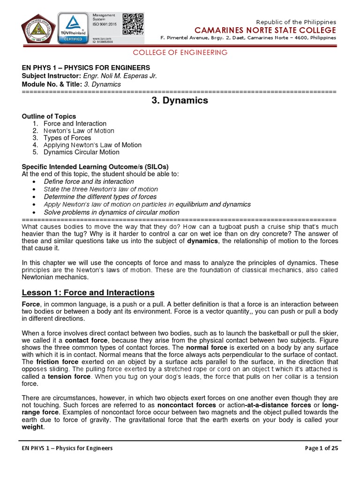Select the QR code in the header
(133, 23)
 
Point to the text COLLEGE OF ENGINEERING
(180, 52)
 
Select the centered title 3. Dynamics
(180, 101)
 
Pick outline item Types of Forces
(67, 138)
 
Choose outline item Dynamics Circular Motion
(81, 152)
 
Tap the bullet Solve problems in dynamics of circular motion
(111, 212)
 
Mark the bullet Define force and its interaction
(89, 181)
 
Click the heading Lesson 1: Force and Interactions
(88, 292)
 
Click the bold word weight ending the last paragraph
(32, 427)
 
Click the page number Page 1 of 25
(321, 448)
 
